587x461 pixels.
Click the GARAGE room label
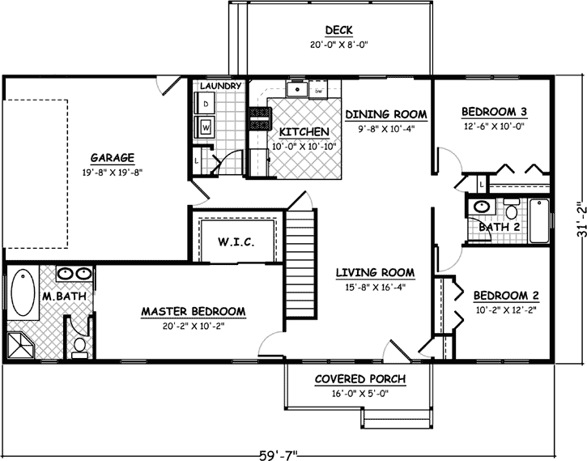click(x=112, y=158)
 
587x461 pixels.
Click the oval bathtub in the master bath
click(x=21, y=297)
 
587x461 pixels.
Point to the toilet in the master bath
click(x=79, y=346)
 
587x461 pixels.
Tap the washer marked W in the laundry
click(x=206, y=127)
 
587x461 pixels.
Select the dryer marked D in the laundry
click(x=206, y=105)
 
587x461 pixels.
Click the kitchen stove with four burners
click(x=261, y=119)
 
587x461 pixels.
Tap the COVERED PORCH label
click(x=360, y=380)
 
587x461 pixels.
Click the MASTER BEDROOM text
click(x=194, y=311)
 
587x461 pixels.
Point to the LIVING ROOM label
click(x=376, y=272)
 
